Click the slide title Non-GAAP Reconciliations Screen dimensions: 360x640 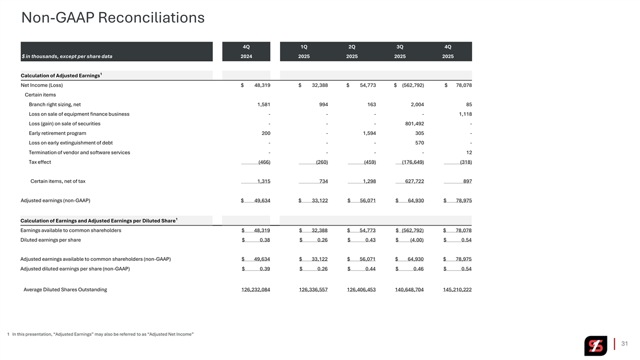pyautogui.click(x=113, y=18)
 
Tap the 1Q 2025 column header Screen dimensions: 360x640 pyautogui.click(x=304, y=51)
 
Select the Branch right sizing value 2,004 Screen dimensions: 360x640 pyautogui.click(x=415, y=105)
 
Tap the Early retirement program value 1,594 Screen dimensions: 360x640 pyautogui.click(x=368, y=133)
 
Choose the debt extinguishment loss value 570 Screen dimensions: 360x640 pyautogui.click(x=419, y=143)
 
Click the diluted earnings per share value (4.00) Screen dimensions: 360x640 pyautogui.click(x=416, y=240)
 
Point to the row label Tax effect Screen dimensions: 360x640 pyautogui.click(x=40, y=162)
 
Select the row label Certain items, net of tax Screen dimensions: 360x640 pyautogui.click(x=58, y=181)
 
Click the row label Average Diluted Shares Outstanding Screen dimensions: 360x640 pyautogui.click(x=65, y=290)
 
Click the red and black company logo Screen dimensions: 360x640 pyautogui.click(x=595, y=346)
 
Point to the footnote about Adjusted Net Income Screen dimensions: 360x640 pyautogui.click(x=101, y=334)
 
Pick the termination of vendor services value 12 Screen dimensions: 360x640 pyautogui.click(x=468, y=153)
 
